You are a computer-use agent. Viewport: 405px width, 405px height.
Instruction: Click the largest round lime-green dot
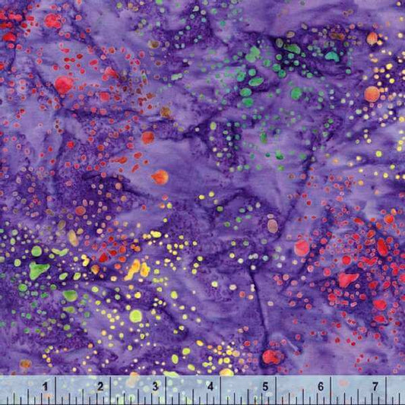[135, 315]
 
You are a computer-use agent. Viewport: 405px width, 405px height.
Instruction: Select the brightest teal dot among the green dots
[332, 55]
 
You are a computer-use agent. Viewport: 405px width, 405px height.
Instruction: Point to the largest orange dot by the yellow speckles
[372, 93]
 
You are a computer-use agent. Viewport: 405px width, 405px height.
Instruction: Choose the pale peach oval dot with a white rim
[273, 226]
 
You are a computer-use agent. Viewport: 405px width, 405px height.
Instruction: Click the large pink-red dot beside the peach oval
[302, 248]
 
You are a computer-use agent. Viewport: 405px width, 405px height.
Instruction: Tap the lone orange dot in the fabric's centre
[160, 177]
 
